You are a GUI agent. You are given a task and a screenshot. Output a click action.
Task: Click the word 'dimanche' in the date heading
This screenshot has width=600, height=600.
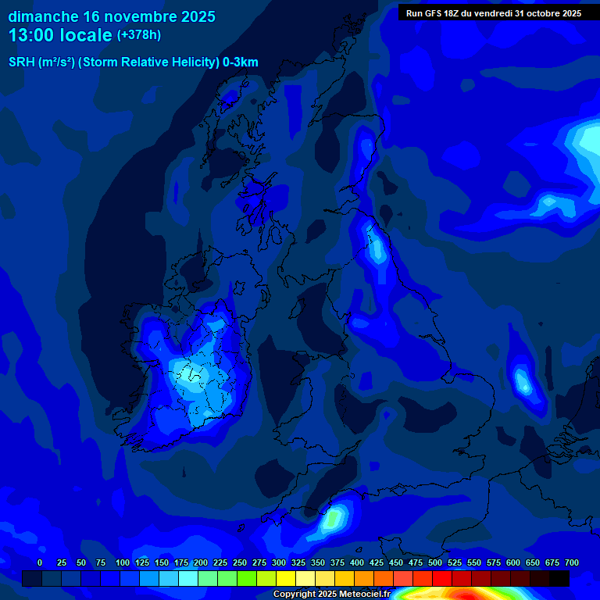coord(43,16)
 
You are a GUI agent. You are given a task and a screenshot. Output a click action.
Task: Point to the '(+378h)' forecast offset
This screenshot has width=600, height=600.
coord(139,34)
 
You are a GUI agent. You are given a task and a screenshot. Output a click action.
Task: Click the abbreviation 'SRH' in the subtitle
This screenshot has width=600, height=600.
coord(21,62)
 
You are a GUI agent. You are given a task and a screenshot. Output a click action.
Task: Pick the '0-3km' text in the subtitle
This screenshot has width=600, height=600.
coord(241,62)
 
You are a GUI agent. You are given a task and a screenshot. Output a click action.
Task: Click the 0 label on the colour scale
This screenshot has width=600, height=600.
coord(40,562)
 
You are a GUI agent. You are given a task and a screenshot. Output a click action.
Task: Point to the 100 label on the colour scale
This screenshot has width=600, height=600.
coord(123,562)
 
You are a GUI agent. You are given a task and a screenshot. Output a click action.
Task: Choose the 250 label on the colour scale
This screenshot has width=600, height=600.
coord(240,562)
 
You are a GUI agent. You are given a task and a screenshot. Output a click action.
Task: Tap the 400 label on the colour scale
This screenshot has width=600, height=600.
coord(357,562)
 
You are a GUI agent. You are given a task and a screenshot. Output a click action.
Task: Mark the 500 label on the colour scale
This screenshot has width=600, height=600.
coord(435,562)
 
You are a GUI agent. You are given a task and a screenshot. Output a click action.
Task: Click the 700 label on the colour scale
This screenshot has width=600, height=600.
coord(572,562)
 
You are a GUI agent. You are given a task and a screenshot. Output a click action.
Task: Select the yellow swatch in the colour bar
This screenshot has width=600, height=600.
coord(286,578)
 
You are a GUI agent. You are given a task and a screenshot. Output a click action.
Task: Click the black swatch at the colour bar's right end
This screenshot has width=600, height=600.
coord(559,578)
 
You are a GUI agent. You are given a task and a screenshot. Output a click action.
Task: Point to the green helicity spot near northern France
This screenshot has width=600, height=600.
coord(336,517)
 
